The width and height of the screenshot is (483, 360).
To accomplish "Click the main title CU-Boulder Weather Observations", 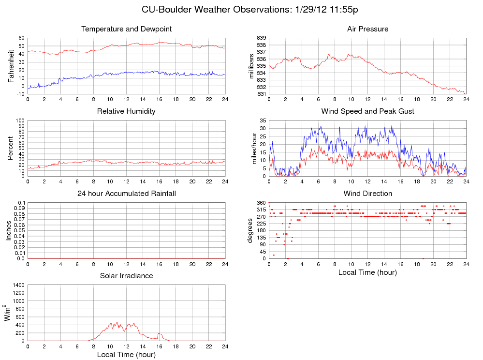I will pyautogui.click(x=249, y=10).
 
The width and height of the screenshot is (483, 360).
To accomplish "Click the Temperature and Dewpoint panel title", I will pyautogui.click(x=127, y=29).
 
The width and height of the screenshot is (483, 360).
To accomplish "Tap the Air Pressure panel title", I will pyautogui.click(x=367, y=29).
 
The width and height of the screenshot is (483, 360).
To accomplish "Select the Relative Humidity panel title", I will pyautogui.click(x=126, y=111).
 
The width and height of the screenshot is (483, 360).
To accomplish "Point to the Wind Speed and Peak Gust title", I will pyautogui.click(x=367, y=111).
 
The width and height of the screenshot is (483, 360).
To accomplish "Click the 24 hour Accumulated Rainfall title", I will pyautogui.click(x=127, y=194).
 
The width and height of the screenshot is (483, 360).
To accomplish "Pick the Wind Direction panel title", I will pyautogui.click(x=367, y=194).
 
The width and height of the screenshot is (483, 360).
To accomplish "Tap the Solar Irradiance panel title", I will pyautogui.click(x=126, y=276).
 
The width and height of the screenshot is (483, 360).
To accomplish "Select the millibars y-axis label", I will pyautogui.click(x=251, y=66).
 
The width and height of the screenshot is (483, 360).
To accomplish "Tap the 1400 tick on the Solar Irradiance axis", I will pyautogui.click(x=17, y=285).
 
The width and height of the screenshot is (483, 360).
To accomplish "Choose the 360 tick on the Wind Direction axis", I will pyautogui.click(x=261, y=203).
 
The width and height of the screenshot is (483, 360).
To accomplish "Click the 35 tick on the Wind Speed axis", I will pyautogui.click(x=263, y=120).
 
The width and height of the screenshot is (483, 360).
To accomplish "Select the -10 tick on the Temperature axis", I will pyautogui.click(x=20, y=94).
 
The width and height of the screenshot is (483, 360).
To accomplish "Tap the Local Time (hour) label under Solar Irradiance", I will pyautogui.click(x=126, y=354).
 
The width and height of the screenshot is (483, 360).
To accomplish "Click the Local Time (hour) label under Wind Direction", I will pyautogui.click(x=367, y=272).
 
